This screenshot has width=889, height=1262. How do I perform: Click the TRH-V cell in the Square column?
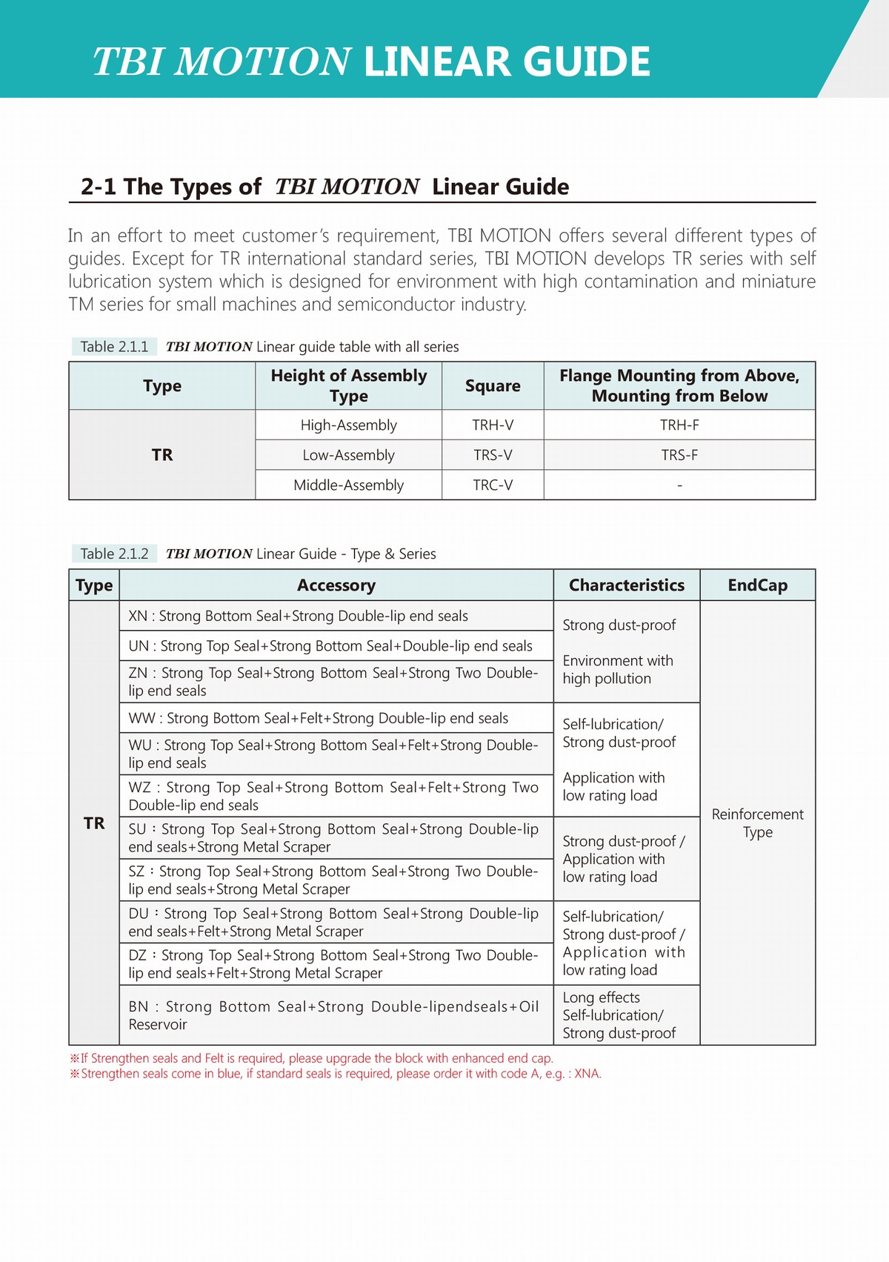pos(493,425)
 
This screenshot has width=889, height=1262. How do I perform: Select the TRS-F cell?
pos(679,455)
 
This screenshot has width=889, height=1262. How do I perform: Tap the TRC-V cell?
pos(493,485)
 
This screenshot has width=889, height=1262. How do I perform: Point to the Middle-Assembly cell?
pos(348,485)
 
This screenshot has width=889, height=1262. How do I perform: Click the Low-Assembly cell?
pos(348,455)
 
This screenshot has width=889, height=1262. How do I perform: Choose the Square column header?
pos(493,386)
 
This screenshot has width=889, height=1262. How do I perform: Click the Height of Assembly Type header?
pos(348,386)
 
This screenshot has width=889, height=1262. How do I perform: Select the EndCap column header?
pos(757,585)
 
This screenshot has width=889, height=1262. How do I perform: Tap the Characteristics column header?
pos(626,585)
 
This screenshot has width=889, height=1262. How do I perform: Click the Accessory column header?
pos(336,585)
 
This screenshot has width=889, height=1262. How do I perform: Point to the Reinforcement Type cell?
pos(757,823)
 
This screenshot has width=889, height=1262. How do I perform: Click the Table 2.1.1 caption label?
pos(114,347)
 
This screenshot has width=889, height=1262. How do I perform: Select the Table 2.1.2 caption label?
pos(114,554)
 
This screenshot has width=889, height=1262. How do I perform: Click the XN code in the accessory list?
pos(138,616)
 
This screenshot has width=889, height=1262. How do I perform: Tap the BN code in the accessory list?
pos(139,1006)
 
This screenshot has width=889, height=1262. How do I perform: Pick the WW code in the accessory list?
pos(141,718)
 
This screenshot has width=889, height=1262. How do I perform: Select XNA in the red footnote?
pos(587,1074)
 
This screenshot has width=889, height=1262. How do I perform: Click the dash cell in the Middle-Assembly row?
pos(679,485)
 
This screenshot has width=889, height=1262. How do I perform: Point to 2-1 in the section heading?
pos(98,187)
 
